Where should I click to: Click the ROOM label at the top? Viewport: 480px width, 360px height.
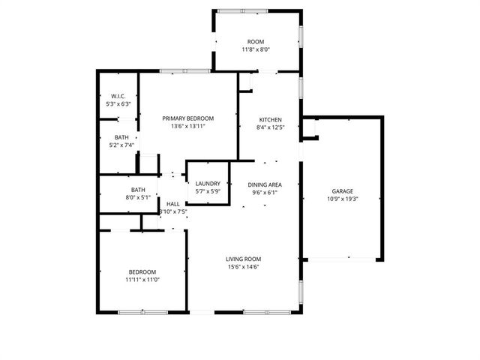[x=256, y=41]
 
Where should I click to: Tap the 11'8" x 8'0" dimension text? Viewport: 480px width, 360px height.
[x=256, y=49]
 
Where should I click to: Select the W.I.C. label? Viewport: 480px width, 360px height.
[x=117, y=96]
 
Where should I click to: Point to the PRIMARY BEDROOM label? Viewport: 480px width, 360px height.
[x=188, y=118]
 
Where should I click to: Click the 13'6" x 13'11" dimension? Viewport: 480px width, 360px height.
[x=188, y=126]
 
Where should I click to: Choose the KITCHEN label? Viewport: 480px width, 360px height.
[x=271, y=120]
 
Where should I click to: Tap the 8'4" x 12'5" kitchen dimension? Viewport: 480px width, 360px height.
[x=271, y=127]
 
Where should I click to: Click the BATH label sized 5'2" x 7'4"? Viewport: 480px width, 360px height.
[x=121, y=137]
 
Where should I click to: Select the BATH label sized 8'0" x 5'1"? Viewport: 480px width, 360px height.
[x=138, y=190]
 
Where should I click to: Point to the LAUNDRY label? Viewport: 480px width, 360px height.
[x=208, y=184]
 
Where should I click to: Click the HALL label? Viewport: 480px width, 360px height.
[x=173, y=204]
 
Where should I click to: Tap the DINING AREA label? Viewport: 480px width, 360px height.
[x=265, y=184]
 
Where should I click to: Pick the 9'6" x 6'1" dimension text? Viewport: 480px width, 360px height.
[x=265, y=192]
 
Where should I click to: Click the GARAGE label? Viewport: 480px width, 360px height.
[x=342, y=191]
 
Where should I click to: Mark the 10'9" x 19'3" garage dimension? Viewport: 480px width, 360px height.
[x=342, y=199]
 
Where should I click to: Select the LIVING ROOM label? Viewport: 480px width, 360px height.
[x=244, y=259]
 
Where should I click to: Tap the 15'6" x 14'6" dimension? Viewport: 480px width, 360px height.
[x=244, y=267]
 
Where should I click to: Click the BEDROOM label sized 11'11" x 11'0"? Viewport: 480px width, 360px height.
[x=142, y=271]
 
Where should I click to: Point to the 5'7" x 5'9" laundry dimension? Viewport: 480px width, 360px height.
[x=208, y=191]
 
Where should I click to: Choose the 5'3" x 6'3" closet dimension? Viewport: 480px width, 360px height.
[x=117, y=104]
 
